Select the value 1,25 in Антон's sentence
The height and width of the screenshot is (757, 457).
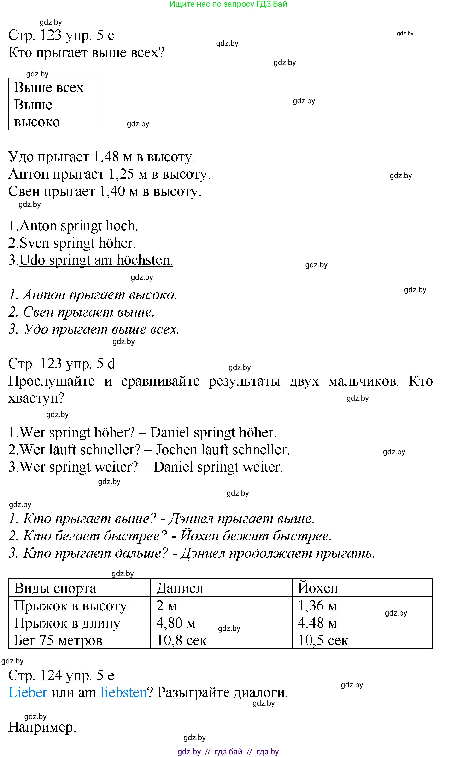[x=121, y=174]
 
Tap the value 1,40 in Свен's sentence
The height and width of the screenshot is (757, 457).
[x=112, y=191]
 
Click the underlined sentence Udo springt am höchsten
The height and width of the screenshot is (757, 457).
[x=96, y=260]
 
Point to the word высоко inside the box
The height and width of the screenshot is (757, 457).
[x=37, y=122]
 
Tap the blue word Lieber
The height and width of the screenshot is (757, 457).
[x=28, y=692]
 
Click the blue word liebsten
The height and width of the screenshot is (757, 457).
[x=123, y=692]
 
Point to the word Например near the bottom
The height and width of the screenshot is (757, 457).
[x=42, y=727]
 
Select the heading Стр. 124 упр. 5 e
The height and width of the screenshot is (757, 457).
[x=61, y=675]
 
